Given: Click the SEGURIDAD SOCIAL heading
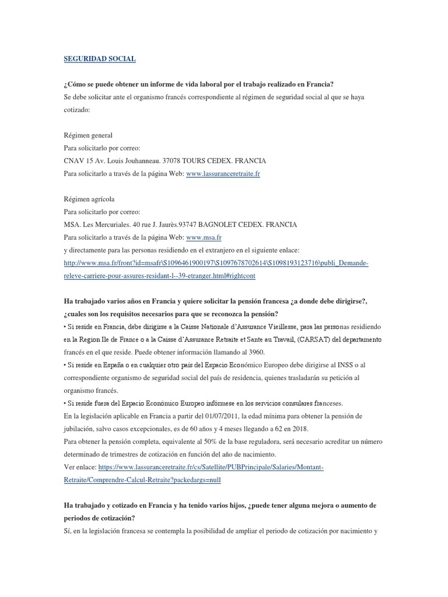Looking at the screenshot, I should tap(99, 59).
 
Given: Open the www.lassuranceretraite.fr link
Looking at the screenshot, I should tap(222, 173).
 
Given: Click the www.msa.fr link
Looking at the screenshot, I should tap(204, 237).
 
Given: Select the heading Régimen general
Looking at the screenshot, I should tap(88, 135).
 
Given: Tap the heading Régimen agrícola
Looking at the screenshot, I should tap(89, 199).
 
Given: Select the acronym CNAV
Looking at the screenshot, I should tap(74, 160).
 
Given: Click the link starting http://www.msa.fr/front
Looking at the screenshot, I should tap(216, 263).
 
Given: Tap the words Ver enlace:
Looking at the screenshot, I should tap(80, 467).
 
